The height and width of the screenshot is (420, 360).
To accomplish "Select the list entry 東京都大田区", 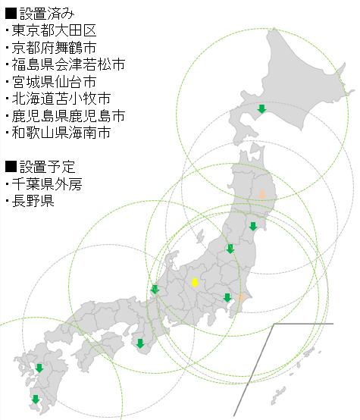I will tap(54, 30).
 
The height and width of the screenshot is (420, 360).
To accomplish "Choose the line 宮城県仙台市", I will tap(54, 81).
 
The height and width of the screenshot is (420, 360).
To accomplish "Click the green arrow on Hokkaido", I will tap(261, 109).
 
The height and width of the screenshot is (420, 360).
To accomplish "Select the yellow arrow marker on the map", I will tap(194, 283).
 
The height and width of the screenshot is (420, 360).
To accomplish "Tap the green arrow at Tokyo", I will tap(227, 297).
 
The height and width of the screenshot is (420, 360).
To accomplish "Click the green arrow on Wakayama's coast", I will tap(139, 343).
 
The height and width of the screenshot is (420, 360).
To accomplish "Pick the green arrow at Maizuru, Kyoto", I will tap(155, 289).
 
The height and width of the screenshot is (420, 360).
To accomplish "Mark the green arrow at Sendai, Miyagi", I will tap(253, 226).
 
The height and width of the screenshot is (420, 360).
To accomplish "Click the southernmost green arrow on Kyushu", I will tap(35, 399).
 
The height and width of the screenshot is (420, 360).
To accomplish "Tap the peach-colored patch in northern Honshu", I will tap(261, 194).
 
